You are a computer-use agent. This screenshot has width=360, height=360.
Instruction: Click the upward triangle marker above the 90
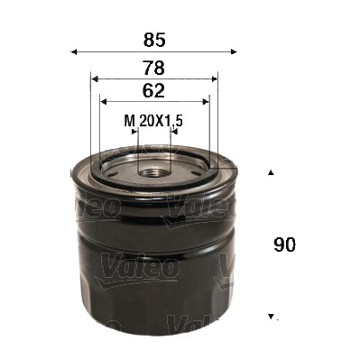[270, 171]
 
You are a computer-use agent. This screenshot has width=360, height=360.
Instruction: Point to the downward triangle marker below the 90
[270, 317]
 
